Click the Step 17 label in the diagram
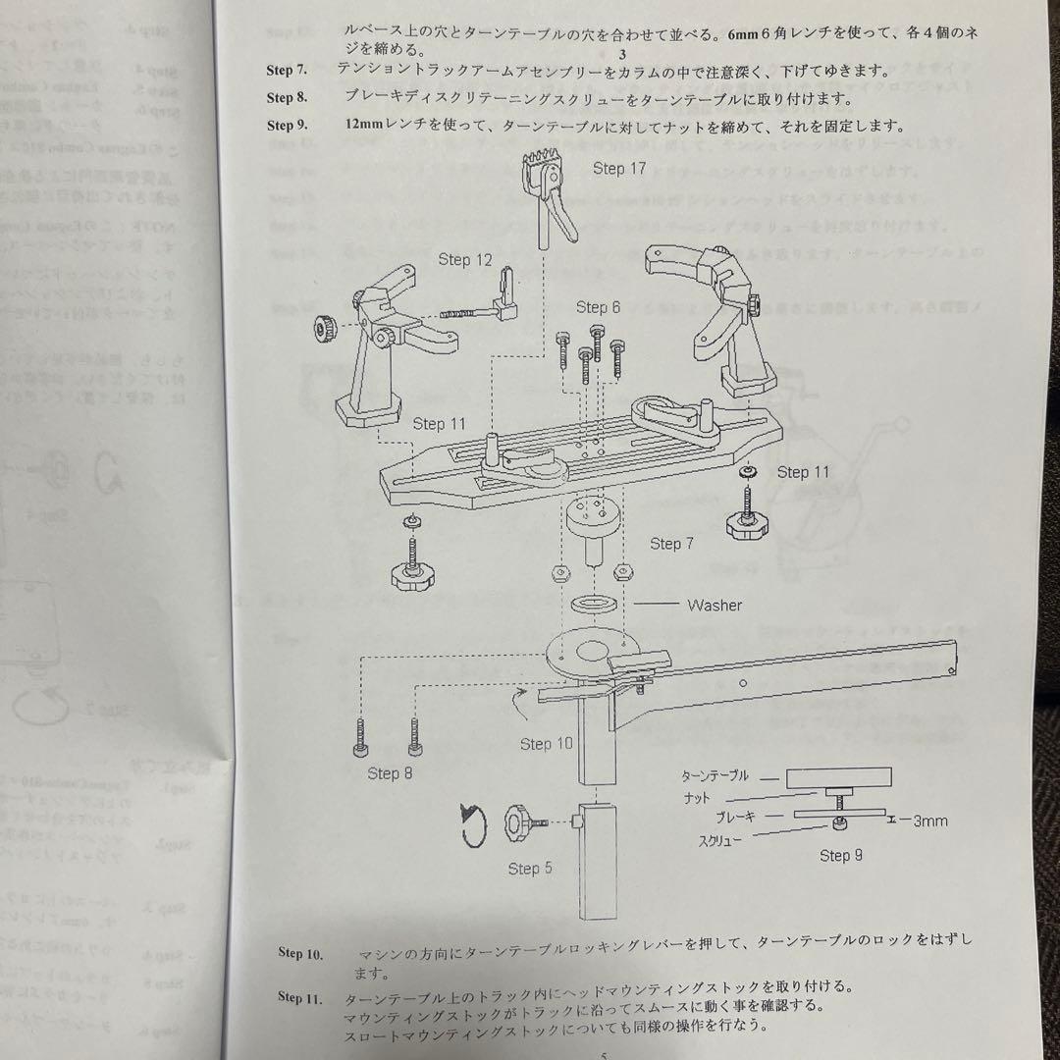[619, 169]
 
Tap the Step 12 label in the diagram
[465, 260]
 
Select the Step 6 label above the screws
[598, 307]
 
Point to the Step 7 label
[671, 544]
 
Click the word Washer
[715, 606]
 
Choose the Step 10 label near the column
[547, 744]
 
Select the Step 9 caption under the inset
[841, 856]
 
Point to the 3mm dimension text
[925, 821]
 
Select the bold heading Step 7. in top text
[287, 71]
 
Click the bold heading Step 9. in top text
[287, 126]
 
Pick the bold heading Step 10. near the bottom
[300, 953]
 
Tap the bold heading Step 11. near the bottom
[300, 998]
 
